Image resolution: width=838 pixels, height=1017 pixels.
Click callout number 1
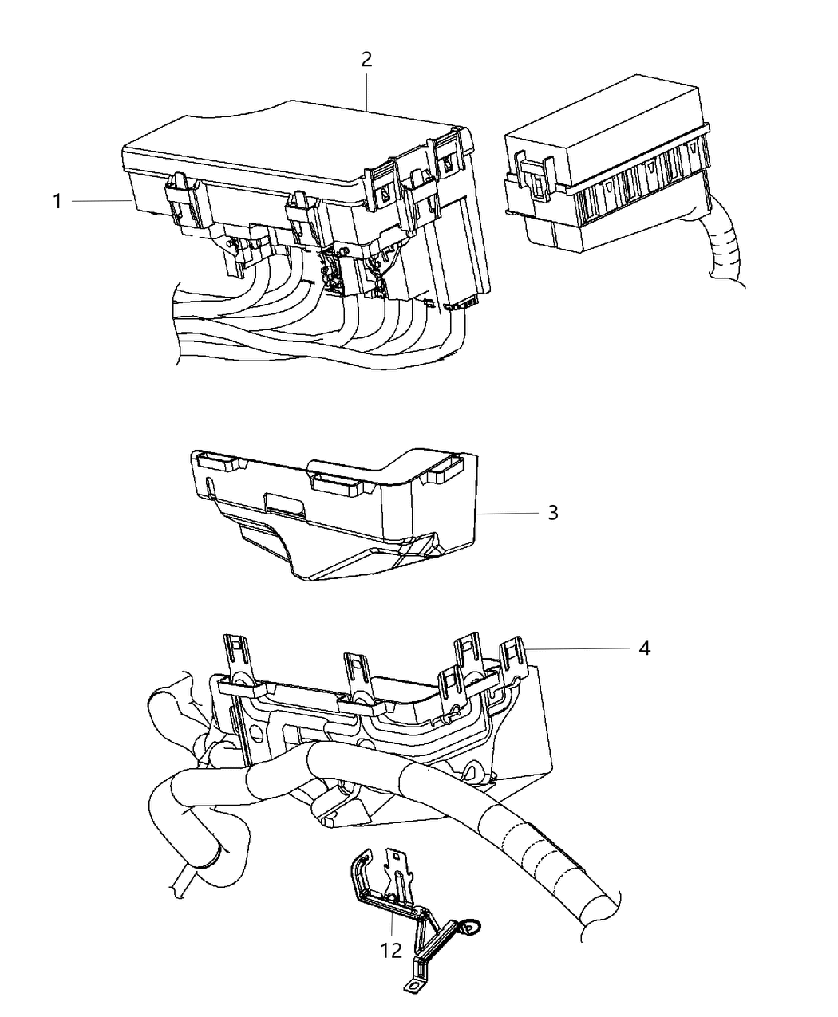[57, 201]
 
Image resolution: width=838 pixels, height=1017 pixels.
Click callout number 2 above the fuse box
[366, 60]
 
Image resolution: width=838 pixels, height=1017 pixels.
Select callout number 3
[552, 513]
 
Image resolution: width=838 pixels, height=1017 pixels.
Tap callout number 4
[644, 648]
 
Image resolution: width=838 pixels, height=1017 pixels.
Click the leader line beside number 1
[101, 201]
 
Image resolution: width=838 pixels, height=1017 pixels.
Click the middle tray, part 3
[335, 510]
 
